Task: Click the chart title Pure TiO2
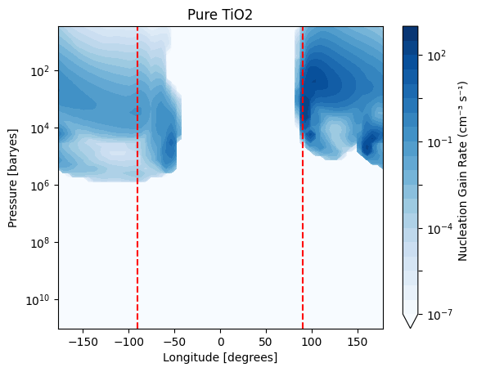pyautogui.click(x=220, y=15)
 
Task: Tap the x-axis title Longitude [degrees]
pyautogui.click(x=220, y=357)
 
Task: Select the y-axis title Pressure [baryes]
pyautogui.click(x=13, y=178)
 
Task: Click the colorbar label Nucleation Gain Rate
pyautogui.click(x=462, y=171)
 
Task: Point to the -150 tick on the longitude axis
pyautogui.click(x=83, y=343)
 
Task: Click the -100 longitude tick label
pyautogui.click(x=129, y=343)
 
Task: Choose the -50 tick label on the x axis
pyautogui.click(x=174, y=343)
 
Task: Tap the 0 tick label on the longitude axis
pyautogui.click(x=221, y=343)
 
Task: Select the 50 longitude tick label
pyautogui.click(x=266, y=343)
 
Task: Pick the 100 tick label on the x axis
pyautogui.click(x=312, y=343)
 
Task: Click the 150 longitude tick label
pyautogui.click(x=358, y=343)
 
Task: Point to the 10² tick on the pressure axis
pyautogui.click(x=43, y=71)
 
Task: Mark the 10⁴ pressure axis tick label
pyautogui.click(x=43, y=128)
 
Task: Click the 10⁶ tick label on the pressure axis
pyautogui.click(x=43, y=186)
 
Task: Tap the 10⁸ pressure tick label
pyautogui.click(x=43, y=243)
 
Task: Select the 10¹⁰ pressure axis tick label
pyautogui.click(x=40, y=300)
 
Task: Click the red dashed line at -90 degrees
pyautogui.click(x=137, y=177)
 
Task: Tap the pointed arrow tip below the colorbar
pyautogui.click(x=410, y=328)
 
